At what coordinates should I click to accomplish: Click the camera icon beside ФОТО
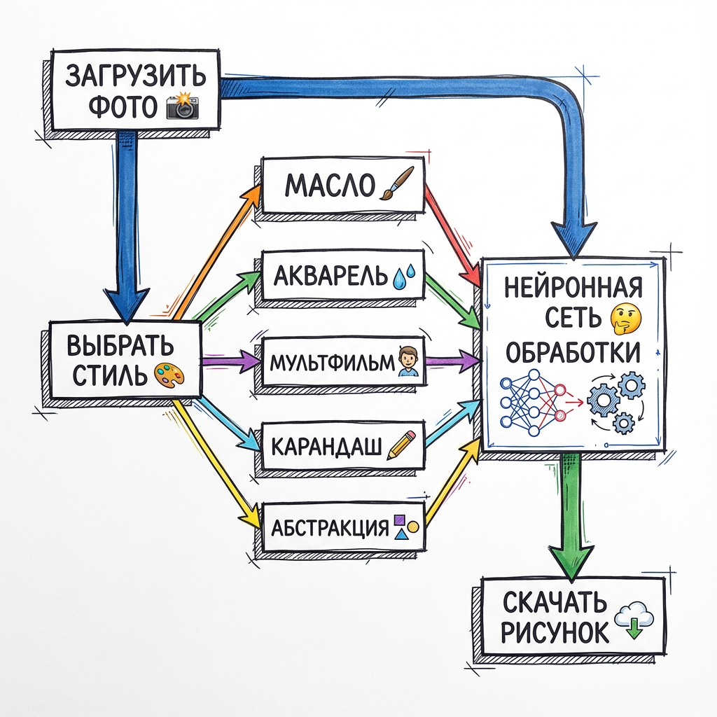pyautogui.click(x=182, y=107)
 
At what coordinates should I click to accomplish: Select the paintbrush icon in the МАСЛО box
pyautogui.click(x=398, y=183)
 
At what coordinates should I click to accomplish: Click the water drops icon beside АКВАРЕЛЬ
pyautogui.click(x=404, y=277)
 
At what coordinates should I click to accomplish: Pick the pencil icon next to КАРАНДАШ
pyautogui.click(x=401, y=446)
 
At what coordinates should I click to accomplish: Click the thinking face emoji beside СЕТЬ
pyautogui.click(x=622, y=318)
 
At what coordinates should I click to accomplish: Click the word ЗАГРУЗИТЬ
pyautogui.click(x=136, y=76)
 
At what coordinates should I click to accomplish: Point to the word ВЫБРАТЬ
pyautogui.click(x=121, y=347)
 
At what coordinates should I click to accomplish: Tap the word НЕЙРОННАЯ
pyautogui.click(x=573, y=287)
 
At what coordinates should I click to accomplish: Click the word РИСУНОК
pyautogui.click(x=555, y=632)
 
